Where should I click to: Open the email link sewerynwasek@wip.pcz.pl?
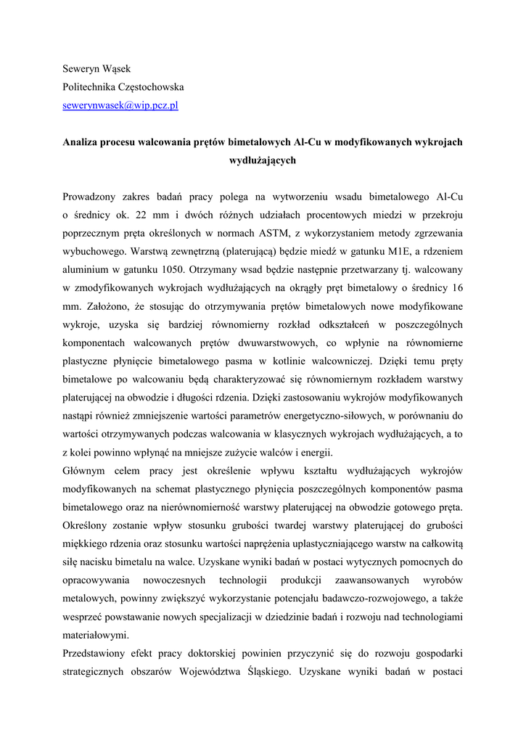[120, 105]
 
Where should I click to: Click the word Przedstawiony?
[96, 653]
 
